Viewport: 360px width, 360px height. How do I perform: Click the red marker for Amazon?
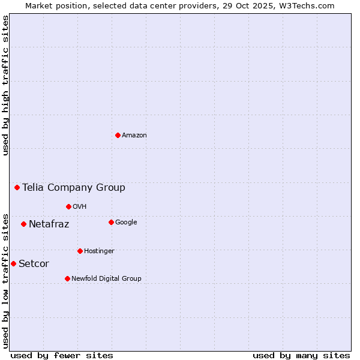point(118,135)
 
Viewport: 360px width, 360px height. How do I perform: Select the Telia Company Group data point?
point(17,187)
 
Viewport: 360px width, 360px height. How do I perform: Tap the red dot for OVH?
point(68,206)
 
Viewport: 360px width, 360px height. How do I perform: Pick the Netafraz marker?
point(23,224)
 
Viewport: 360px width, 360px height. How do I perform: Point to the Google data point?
point(111,222)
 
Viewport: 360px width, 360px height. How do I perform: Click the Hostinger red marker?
point(80,251)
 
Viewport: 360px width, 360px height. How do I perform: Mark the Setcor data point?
point(13,263)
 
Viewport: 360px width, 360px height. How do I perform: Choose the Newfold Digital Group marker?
point(67,278)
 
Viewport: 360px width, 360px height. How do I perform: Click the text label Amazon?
point(134,135)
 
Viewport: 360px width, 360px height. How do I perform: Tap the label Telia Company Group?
point(74,187)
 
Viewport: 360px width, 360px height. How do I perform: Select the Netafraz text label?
point(49,224)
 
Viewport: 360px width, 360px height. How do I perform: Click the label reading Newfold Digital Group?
point(106,278)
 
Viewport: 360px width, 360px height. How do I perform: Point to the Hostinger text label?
point(99,251)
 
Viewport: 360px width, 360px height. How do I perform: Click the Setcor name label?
point(34,263)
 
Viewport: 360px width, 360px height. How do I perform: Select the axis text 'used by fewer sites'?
point(62,355)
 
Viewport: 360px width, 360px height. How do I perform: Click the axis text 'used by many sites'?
point(301,355)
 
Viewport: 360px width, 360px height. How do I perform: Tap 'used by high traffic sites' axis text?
point(6,85)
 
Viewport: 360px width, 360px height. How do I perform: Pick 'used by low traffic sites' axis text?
point(6,281)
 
